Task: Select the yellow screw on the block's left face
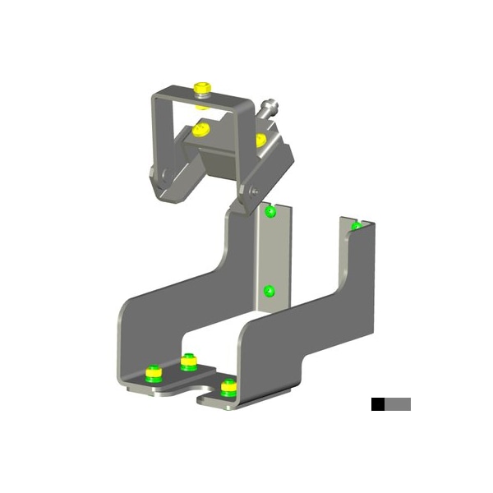[200, 129]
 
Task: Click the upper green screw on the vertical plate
[270, 213]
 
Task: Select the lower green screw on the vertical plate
[268, 291]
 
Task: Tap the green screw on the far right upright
[357, 225]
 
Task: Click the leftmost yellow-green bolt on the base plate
[153, 374]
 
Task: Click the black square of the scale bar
[377, 404]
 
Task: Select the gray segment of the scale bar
[398, 404]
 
